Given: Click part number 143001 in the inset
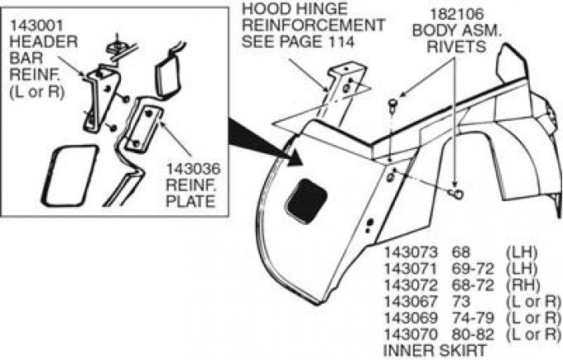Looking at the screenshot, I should (30, 26).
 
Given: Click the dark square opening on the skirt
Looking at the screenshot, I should (308, 199).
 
